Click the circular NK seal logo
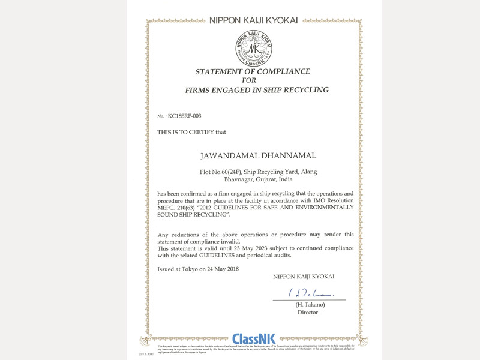tap(252, 48)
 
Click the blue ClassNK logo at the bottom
tap(253, 340)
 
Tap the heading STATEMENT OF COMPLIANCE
tap(253, 71)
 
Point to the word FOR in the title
tap(248, 80)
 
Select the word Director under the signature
tap(308, 312)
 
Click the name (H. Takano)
tap(308, 305)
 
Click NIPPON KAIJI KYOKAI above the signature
tap(304, 277)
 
